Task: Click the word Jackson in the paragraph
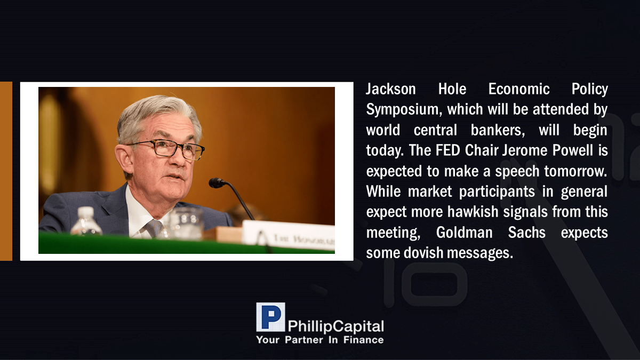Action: (x=390, y=89)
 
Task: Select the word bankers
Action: (x=498, y=130)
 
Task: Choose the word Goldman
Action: (x=465, y=233)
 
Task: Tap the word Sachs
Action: (x=526, y=233)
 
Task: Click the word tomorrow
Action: (x=575, y=171)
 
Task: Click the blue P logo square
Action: (x=270, y=317)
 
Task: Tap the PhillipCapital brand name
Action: (x=335, y=326)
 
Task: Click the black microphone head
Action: (x=217, y=183)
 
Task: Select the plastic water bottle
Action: (x=86, y=221)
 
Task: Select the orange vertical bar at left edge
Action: (x=6, y=171)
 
